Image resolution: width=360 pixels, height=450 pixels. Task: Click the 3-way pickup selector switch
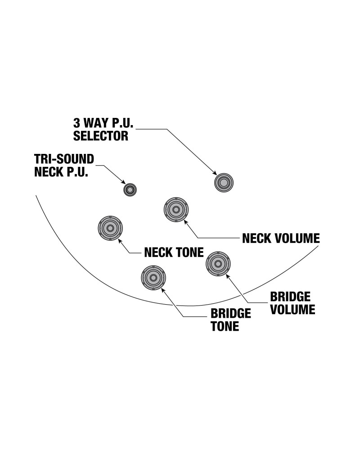pyautogui.click(x=224, y=183)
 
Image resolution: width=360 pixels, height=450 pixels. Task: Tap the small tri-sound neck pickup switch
pyautogui.click(x=130, y=189)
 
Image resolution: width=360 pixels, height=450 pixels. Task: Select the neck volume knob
pyautogui.click(x=175, y=210)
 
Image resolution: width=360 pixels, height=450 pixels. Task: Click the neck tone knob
pyautogui.click(x=110, y=228)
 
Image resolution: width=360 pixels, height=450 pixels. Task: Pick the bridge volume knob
pyautogui.click(x=218, y=263)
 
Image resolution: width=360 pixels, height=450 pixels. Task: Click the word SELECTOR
pyautogui.click(x=101, y=135)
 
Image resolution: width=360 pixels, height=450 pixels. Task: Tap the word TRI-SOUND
pyautogui.click(x=64, y=160)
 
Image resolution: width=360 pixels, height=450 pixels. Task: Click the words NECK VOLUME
pyautogui.click(x=281, y=238)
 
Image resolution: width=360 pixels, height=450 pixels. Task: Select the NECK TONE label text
pyautogui.click(x=174, y=252)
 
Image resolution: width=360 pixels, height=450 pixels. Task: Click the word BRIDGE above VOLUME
pyautogui.click(x=290, y=297)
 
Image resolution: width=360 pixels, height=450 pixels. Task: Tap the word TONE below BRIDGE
pyautogui.click(x=225, y=326)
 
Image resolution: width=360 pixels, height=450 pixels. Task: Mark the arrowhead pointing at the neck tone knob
pyautogui.click(x=120, y=241)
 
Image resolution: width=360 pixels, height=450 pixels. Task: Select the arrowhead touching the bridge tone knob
pyautogui.click(x=162, y=289)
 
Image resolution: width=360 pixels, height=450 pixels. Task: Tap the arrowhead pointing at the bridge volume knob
pyautogui.click(x=227, y=275)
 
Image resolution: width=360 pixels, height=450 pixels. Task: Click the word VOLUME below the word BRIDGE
pyautogui.click(x=292, y=309)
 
